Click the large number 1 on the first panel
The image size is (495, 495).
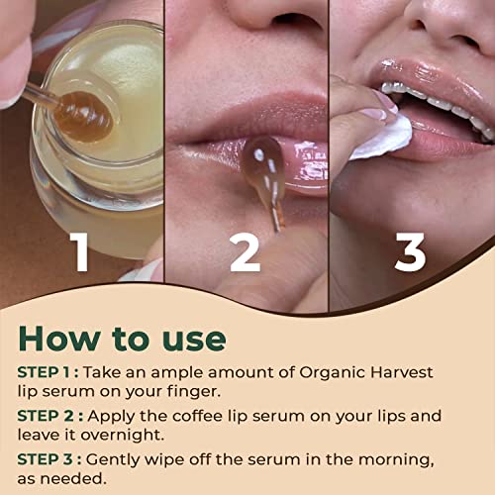click(80, 252)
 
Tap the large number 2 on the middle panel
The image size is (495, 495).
click(245, 252)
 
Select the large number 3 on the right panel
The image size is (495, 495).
click(410, 252)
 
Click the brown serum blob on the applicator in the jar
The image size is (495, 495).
click(84, 116)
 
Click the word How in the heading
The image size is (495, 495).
click(59, 339)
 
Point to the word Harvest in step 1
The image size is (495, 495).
click(401, 372)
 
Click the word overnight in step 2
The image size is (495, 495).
click(123, 436)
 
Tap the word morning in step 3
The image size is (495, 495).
click(396, 460)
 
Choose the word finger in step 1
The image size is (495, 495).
click(193, 392)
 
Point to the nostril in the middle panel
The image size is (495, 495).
click(290, 21)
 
